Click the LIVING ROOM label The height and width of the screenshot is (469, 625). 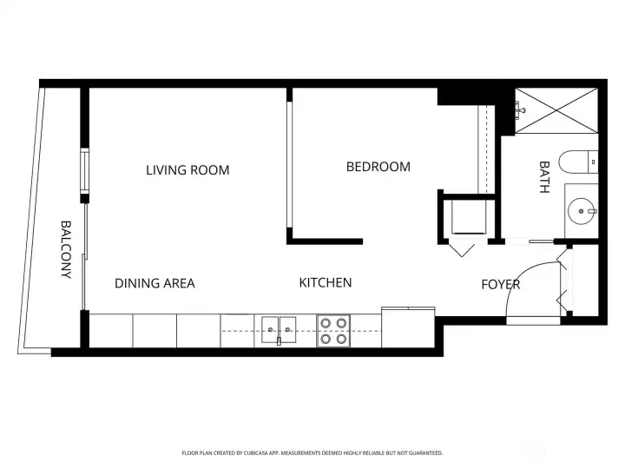[x=187, y=170]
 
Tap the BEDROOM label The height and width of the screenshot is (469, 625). [x=378, y=167]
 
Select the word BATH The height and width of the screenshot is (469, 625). [x=544, y=176]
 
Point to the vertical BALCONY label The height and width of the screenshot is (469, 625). [x=66, y=249]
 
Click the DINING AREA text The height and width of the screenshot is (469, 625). [x=155, y=283]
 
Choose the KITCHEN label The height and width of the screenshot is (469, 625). [x=326, y=282]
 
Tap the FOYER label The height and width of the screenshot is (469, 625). [x=501, y=284]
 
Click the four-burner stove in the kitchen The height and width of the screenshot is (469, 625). [x=333, y=331]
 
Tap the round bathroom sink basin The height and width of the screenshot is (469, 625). [x=582, y=209]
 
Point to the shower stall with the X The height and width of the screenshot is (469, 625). [x=556, y=110]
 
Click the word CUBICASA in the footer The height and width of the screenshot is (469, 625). [x=275, y=452]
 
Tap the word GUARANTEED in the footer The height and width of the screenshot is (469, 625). [x=424, y=452]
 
